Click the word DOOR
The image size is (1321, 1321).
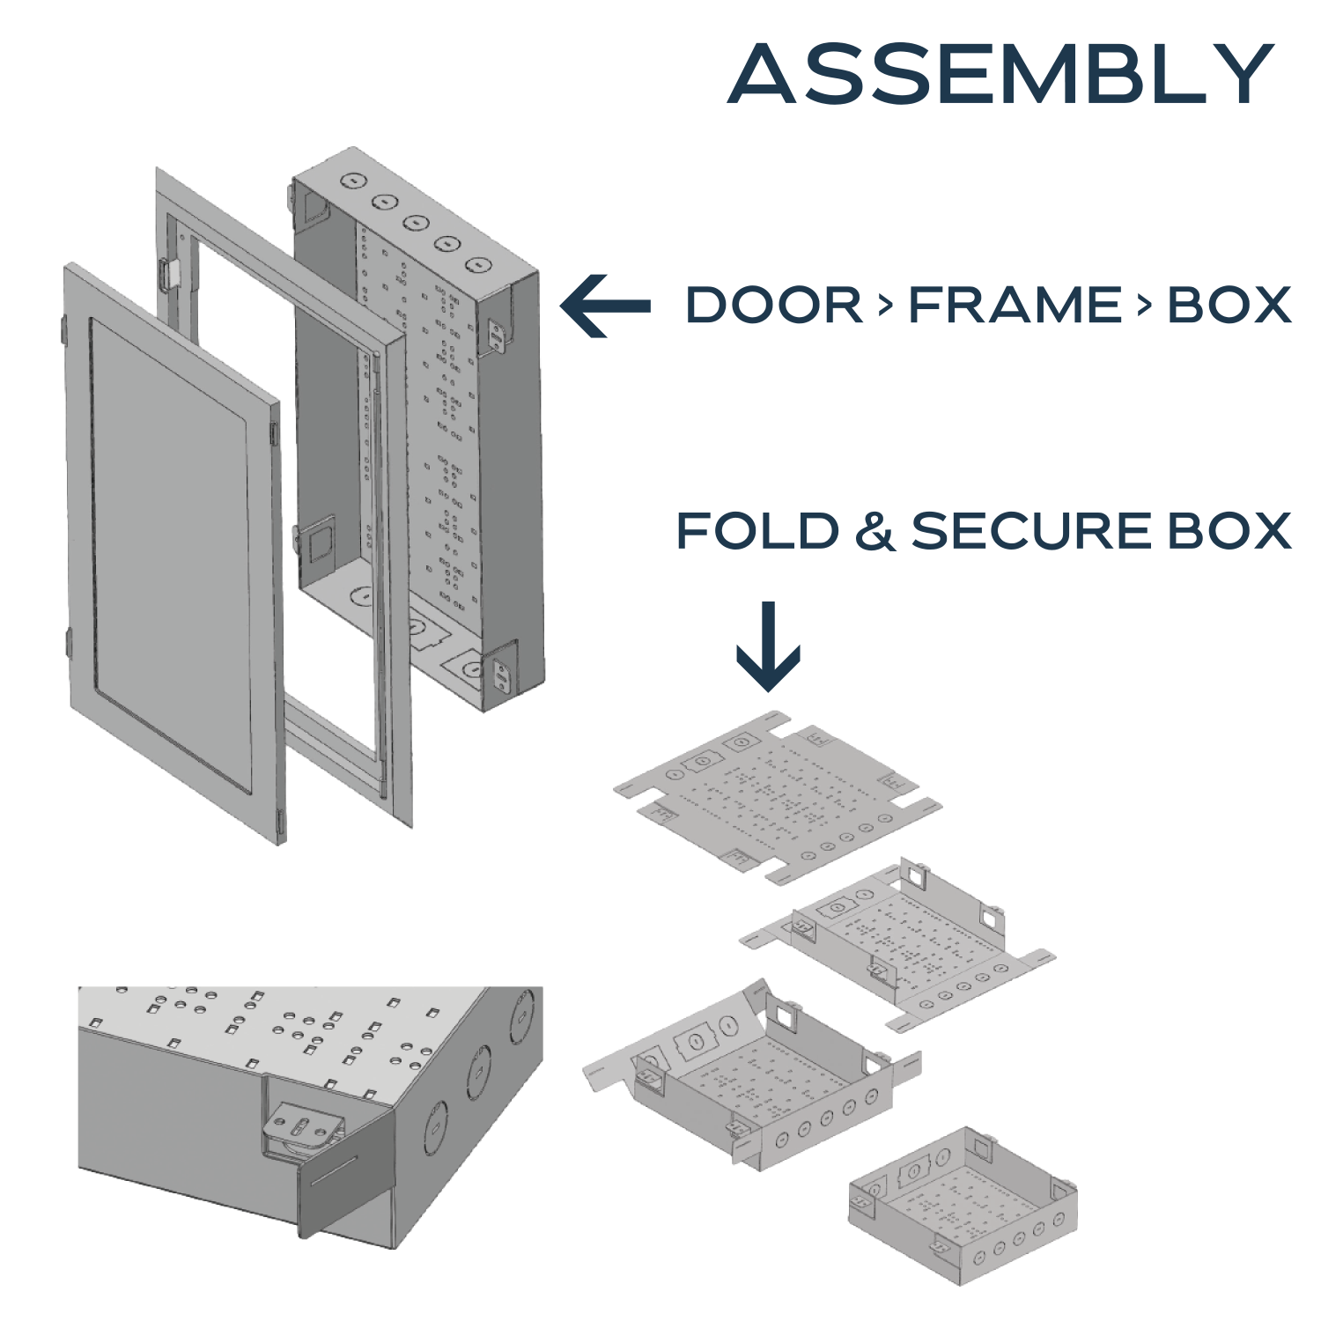click(773, 306)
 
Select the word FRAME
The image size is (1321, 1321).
click(1015, 306)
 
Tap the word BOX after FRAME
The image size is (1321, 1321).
click(1229, 306)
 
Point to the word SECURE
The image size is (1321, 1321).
click(1032, 531)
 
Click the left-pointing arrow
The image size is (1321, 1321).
click(606, 306)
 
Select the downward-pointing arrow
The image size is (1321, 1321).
click(768, 647)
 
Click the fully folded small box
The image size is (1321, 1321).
click(962, 1203)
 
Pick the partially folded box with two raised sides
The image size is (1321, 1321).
click(898, 942)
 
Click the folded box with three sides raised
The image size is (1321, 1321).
click(757, 1079)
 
